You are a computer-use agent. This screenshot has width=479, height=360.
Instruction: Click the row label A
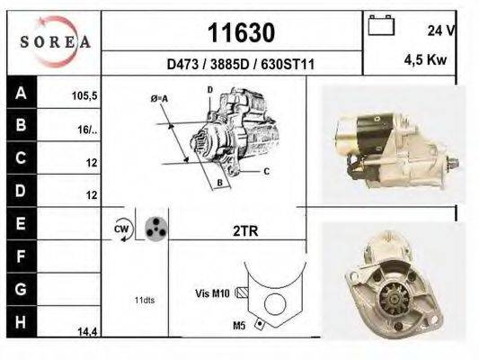click(x=21, y=93)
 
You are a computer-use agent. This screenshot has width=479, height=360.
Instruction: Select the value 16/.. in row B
click(x=86, y=129)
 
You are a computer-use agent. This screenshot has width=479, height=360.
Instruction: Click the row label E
click(x=21, y=223)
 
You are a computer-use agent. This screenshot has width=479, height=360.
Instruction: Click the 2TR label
click(x=245, y=230)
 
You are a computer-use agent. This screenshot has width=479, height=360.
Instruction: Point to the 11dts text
click(x=144, y=300)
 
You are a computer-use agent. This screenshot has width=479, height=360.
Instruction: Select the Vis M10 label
click(x=213, y=292)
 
